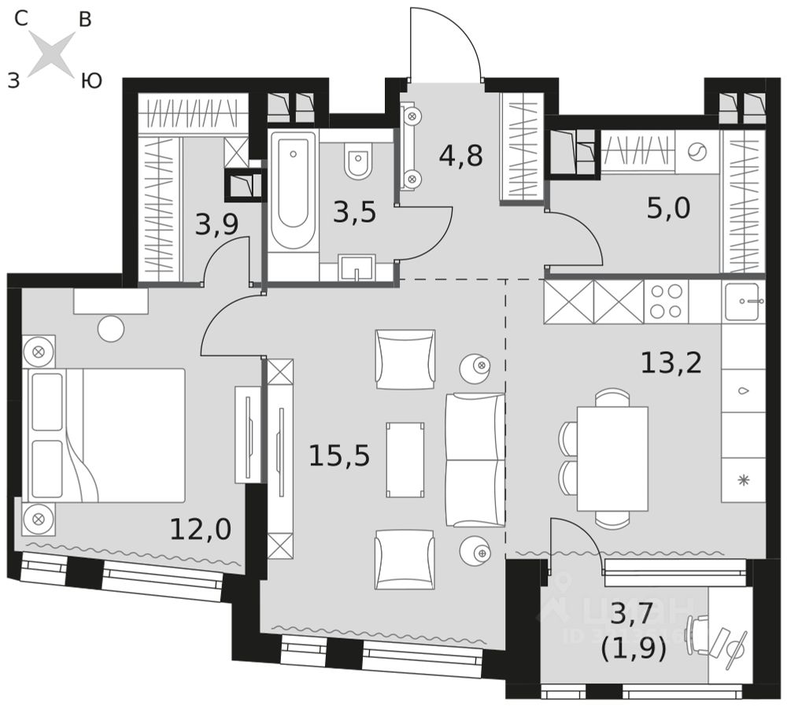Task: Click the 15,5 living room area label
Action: click(x=338, y=455)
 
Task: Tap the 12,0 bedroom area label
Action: click(x=201, y=529)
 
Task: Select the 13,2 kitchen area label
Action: click(x=671, y=363)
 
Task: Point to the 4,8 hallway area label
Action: click(x=461, y=155)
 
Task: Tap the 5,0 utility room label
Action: click(x=669, y=209)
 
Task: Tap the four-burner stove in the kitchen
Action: click(x=666, y=301)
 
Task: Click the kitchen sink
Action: click(x=742, y=301)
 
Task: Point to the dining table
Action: click(x=611, y=458)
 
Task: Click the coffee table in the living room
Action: click(x=405, y=460)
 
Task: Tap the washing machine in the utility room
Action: click(x=697, y=152)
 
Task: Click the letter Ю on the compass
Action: click(x=91, y=80)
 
